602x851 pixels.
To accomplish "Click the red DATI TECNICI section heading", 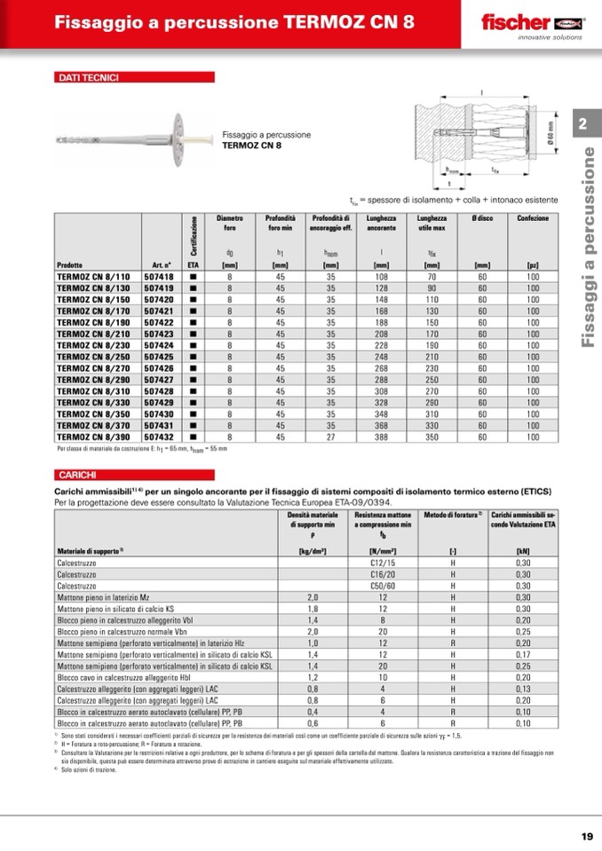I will pos(88,78).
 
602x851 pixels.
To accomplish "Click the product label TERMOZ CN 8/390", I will pos(92,437).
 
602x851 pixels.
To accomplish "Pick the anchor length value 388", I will pos(382,437).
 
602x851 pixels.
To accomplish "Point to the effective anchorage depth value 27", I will pos(330,437).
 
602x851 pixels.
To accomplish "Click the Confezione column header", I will pos(533,218).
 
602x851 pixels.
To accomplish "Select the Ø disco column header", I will pos(483,218).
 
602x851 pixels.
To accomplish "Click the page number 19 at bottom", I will pos(587,836).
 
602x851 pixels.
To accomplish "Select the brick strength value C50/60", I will pos(383,586).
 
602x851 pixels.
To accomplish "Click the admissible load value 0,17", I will pos(523,653).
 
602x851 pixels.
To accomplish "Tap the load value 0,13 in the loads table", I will pos(523,688).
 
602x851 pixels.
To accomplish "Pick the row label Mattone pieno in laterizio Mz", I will pos(110,597).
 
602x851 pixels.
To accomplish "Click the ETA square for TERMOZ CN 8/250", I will pos(193,357).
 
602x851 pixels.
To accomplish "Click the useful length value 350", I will pos(432,437).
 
